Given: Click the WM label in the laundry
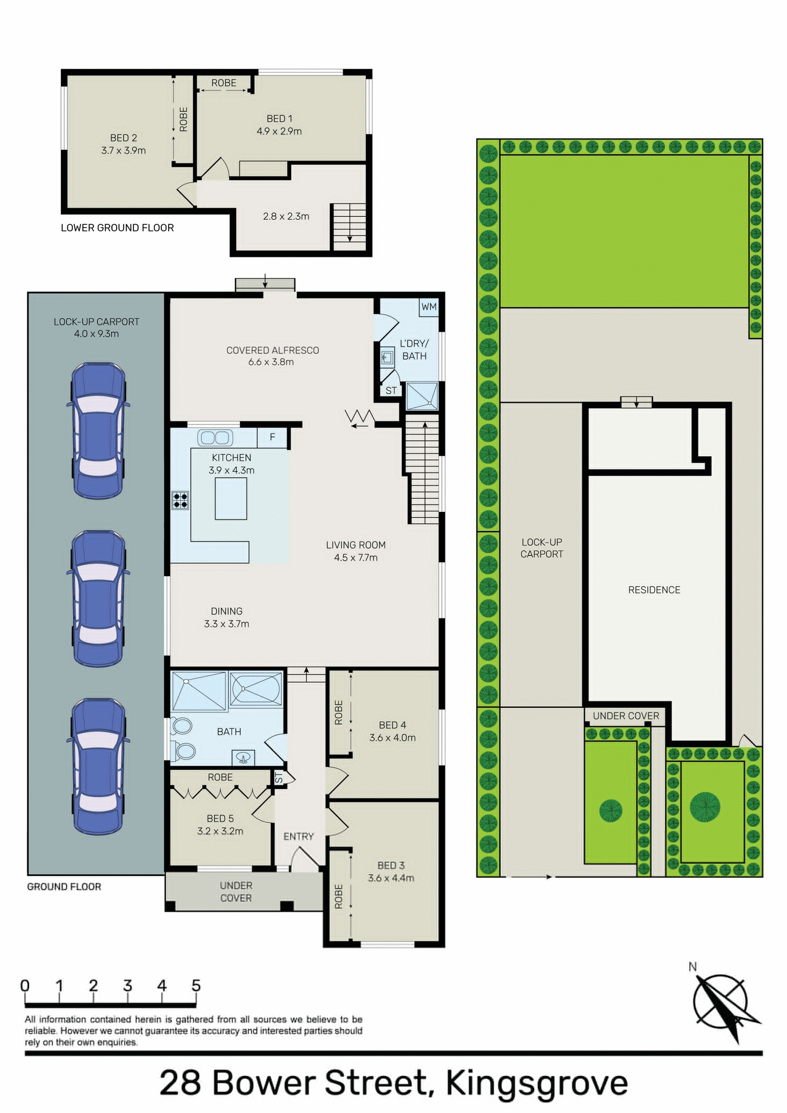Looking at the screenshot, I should [x=429, y=307].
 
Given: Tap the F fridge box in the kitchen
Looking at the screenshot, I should [x=272, y=437].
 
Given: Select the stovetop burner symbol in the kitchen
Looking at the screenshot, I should [x=180, y=500].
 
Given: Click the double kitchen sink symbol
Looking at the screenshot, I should [x=215, y=438].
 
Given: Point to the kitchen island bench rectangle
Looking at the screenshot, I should [x=231, y=499].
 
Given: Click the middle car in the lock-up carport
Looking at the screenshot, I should [x=98, y=599].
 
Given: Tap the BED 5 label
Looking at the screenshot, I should [x=220, y=819].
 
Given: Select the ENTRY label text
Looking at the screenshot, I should [x=298, y=836].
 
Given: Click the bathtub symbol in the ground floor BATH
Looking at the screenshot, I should [x=256, y=688].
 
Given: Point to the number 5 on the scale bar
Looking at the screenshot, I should [x=196, y=985].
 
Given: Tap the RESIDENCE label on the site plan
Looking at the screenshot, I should [x=654, y=590].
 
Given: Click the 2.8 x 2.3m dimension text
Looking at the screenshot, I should [x=286, y=216].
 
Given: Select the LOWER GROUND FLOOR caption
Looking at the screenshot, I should [x=117, y=228].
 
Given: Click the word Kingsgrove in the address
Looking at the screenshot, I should [x=536, y=1082].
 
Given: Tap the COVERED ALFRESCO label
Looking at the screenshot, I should [x=273, y=350].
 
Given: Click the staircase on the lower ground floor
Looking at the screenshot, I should [x=349, y=225].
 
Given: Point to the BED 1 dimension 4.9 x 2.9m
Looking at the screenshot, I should [x=279, y=132].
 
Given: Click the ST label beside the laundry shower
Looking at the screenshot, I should [x=391, y=391].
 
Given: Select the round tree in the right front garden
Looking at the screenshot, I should [x=705, y=806].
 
